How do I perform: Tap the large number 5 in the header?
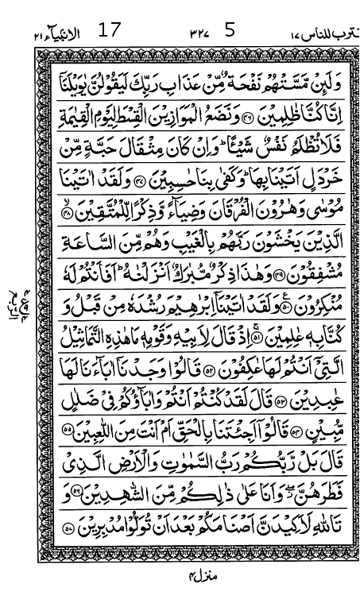(x=230, y=32)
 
